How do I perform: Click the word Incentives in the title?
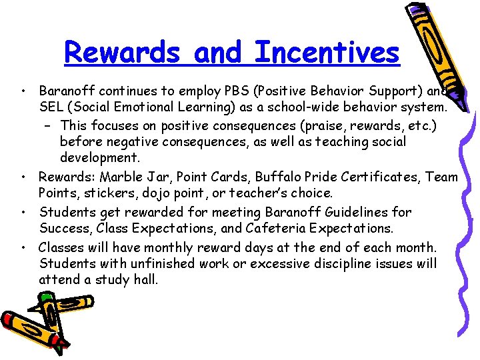(327, 52)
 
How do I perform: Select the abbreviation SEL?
(51, 107)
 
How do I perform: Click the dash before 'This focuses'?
(51, 125)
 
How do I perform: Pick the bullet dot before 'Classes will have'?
(23, 247)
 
